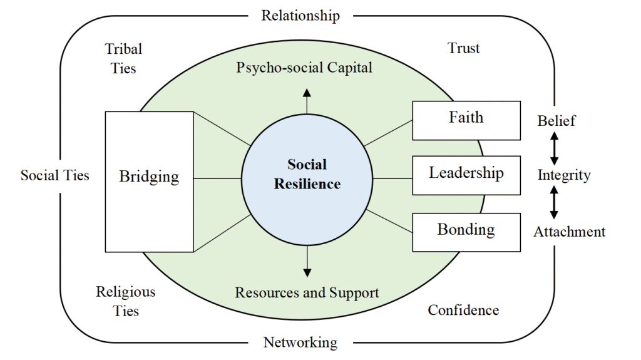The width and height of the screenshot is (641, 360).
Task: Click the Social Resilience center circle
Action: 306,175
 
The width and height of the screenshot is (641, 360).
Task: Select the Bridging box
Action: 149,182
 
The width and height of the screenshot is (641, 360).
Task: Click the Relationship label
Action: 300,16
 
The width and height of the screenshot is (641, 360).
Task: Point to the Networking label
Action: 300,342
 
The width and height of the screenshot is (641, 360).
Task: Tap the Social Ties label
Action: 55,175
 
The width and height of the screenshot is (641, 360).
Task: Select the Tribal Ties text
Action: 123,58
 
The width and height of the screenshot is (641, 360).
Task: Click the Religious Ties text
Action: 126,301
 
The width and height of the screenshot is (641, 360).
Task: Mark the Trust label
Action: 464,48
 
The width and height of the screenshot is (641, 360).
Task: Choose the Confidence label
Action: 463,310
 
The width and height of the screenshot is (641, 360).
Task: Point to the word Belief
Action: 556,121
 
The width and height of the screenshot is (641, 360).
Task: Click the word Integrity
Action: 564,175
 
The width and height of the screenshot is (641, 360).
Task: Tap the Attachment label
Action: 569,232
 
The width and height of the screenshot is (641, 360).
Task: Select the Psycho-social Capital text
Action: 304,68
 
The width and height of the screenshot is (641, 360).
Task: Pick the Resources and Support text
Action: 307,292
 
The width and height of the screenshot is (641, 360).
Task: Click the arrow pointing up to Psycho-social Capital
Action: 307,100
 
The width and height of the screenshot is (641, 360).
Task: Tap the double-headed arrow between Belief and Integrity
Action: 554,148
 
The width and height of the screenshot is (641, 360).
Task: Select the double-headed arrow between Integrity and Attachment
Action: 554,203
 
